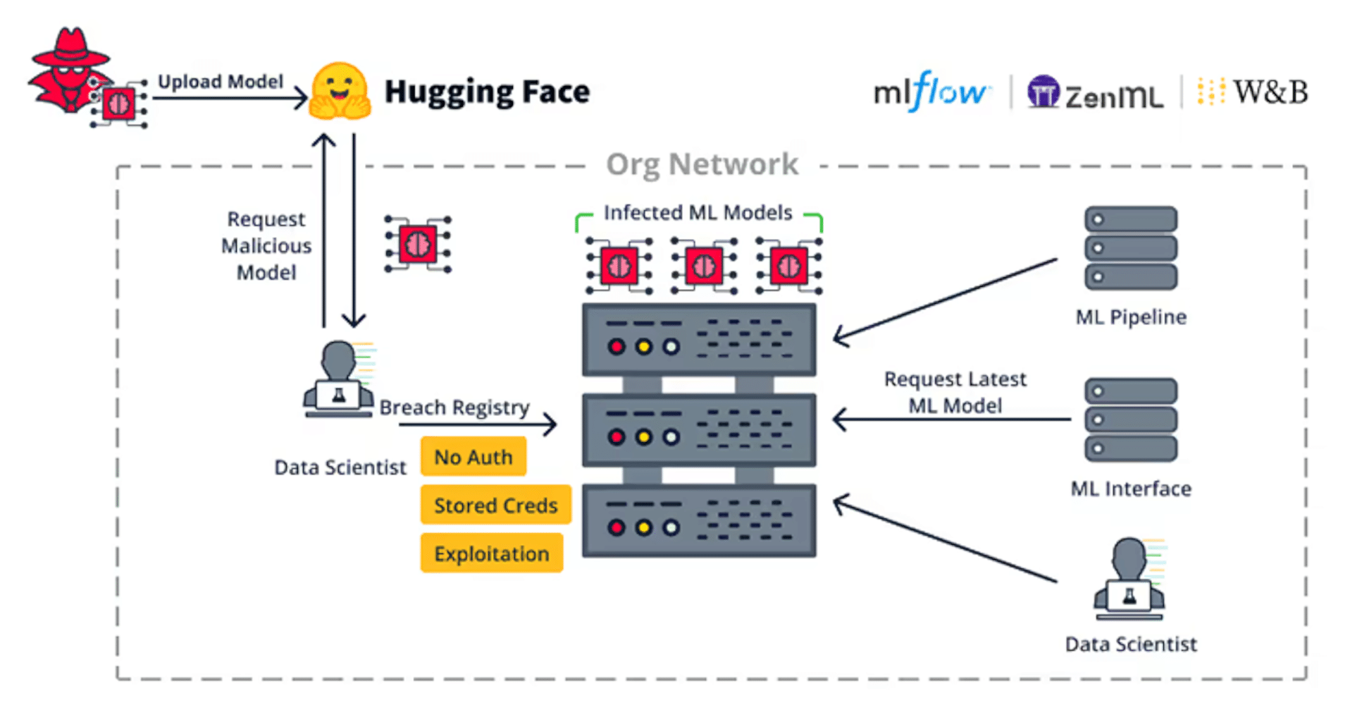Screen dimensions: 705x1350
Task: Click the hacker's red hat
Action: tap(70, 49)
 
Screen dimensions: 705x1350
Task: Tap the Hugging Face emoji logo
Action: tap(340, 92)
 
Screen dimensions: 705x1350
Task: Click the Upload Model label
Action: tap(220, 82)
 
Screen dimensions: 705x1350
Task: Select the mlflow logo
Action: tap(931, 92)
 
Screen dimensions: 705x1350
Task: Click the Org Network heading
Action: tap(702, 164)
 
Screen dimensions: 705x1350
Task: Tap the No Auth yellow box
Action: tap(473, 457)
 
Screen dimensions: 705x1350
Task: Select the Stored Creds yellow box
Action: tap(495, 505)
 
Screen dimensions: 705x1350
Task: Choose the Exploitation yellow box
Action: tap(492, 553)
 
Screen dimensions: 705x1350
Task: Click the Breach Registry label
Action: tap(454, 407)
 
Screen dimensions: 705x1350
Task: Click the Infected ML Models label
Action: tap(698, 212)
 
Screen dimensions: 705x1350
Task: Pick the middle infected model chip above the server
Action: tap(704, 266)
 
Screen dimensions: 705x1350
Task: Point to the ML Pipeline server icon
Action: tap(1130, 248)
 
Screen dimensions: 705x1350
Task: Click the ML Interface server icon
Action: tap(1130, 419)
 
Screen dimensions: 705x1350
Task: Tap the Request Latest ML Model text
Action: tap(955, 392)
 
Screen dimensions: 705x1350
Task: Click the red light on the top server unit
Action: tap(617, 347)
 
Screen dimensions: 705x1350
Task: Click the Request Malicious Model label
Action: tap(266, 245)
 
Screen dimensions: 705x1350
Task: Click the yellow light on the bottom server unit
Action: tap(643, 527)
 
